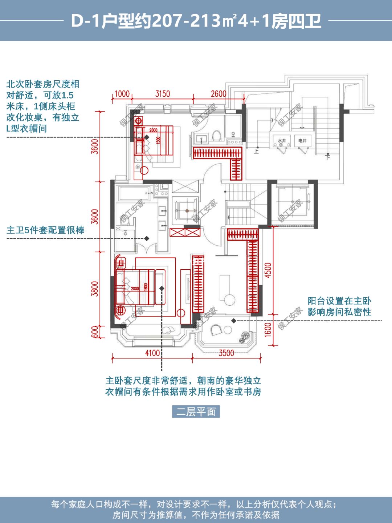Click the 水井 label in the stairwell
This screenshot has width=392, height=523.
[282, 141]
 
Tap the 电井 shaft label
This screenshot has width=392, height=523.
[302, 141]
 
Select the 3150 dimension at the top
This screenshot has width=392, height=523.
[162, 94]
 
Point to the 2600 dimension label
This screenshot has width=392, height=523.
[219, 94]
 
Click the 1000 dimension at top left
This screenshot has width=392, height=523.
[122, 94]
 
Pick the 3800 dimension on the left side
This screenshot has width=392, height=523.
[95, 289]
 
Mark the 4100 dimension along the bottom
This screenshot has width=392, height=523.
[152, 353]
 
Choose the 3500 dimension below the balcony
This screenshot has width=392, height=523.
[226, 353]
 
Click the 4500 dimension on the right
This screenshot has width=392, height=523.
[268, 270]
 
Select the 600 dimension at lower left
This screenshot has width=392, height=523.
[95, 332]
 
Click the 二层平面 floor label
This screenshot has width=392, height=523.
[196, 412]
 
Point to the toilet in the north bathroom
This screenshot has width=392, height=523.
[217, 136]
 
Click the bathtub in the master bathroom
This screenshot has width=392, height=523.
[134, 193]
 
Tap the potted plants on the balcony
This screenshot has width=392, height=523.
[244, 337]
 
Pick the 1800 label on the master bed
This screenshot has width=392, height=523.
[146, 287]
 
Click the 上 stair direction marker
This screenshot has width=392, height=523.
[257, 151]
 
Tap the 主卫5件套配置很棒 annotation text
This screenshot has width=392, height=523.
[46, 230]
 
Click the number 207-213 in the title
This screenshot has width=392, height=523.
[186, 21]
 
